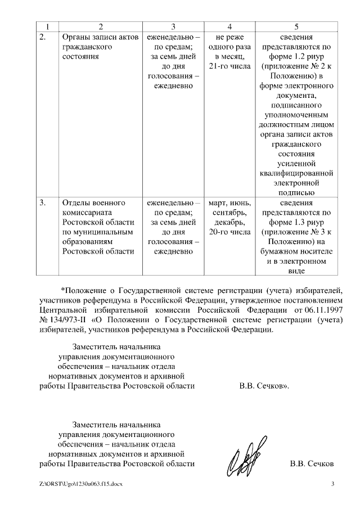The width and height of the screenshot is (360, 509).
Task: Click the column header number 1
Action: tap(48, 26)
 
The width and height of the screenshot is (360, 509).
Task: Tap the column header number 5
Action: tap(296, 26)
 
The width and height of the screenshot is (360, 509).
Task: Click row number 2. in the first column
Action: tap(43, 37)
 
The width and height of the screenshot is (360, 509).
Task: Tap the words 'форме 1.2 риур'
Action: tap(296, 57)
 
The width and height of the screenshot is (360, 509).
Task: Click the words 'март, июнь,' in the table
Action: tap(229, 202)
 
